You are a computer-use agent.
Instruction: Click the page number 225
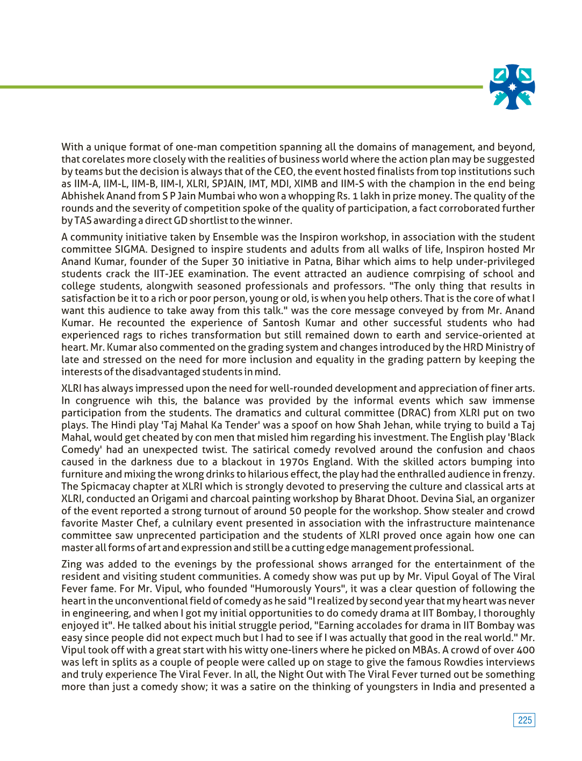[x=524, y=720]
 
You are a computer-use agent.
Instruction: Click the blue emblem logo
[x=512, y=87]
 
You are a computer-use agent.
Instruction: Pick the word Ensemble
[x=235, y=237]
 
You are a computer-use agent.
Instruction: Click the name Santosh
[x=281, y=323]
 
